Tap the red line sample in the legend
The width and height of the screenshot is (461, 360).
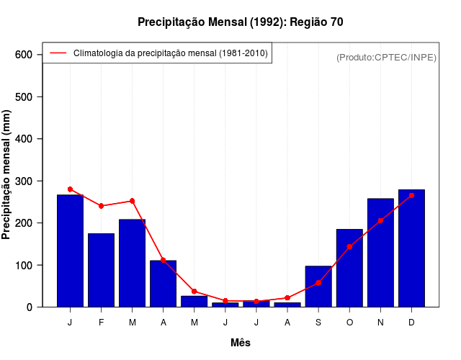coord(58,53)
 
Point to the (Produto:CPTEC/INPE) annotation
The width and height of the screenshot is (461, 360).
coord(386,57)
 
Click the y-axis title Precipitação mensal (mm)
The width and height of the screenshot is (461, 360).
coord(7,174)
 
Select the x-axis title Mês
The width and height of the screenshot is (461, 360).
coord(241,343)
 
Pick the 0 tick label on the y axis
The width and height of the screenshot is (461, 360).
coord(30,307)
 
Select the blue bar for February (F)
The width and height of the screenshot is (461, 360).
coord(101,270)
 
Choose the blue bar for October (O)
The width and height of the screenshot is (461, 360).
coord(349,268)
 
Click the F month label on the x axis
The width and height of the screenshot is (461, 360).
coord(101,323)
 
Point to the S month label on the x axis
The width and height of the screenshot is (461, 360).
coord(318,323)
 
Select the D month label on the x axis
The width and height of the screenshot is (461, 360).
coord(411,323)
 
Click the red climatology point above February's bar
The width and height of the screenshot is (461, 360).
coord(101,206)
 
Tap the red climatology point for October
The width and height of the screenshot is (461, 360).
coord(349,246)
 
